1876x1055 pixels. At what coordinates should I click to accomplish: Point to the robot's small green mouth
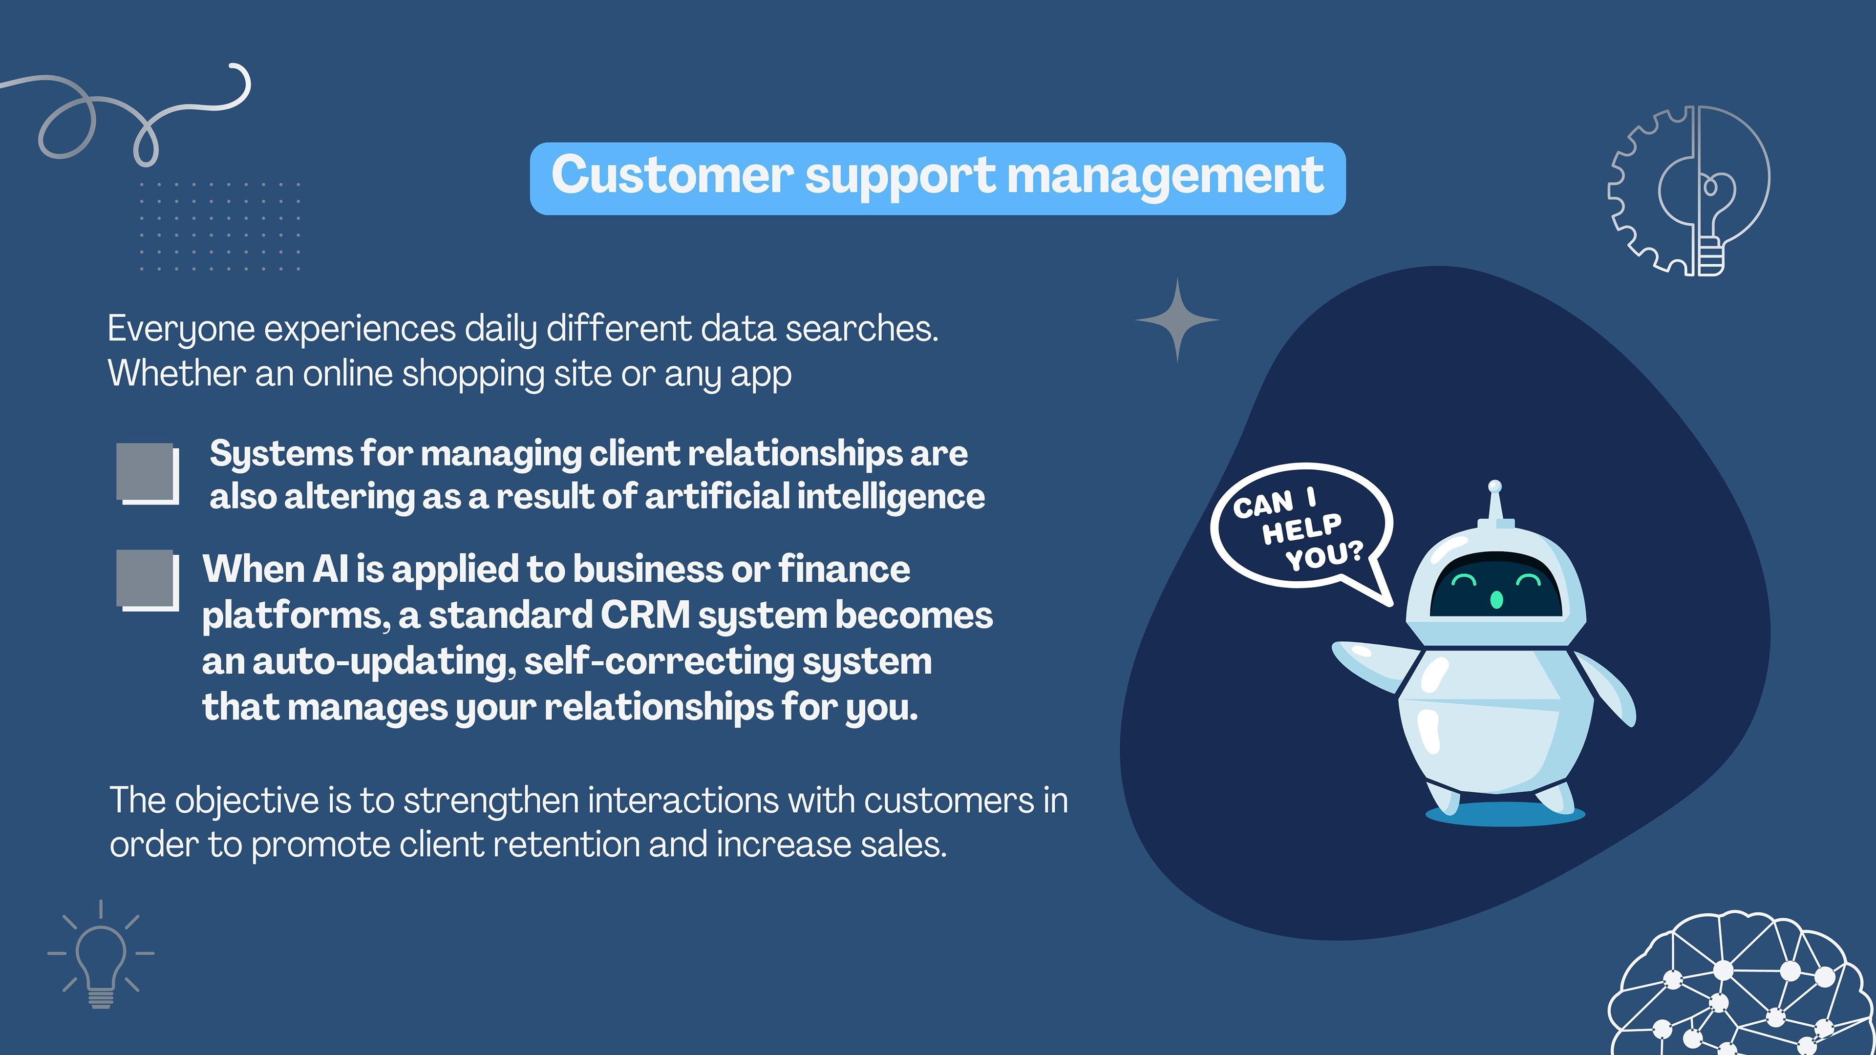click(x=1496, y=599)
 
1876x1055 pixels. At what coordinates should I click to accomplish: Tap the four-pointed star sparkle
click(x=1177, y=319)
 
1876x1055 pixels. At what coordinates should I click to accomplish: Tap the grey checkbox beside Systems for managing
click(x=147, y=473)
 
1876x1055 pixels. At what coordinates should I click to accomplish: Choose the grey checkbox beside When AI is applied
click(x=147, y=580)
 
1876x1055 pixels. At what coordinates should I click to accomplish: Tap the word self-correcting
click(x=659, y=662)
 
